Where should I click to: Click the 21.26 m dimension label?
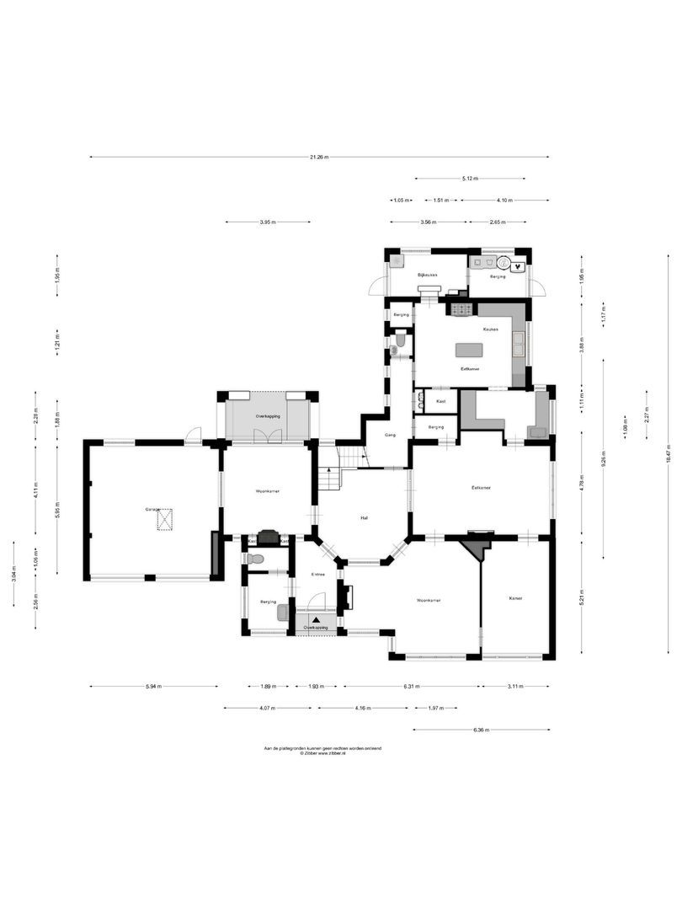319,157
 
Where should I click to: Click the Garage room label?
152,510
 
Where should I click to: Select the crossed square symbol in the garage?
164,520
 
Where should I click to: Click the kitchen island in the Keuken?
470,349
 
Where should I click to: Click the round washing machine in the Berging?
503,263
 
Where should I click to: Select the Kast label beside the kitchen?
440,401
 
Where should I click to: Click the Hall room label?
364,517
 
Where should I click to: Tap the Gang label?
390,436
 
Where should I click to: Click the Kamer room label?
515,598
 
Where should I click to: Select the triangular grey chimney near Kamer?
477,549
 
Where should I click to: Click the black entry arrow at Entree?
316,619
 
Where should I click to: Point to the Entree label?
318,575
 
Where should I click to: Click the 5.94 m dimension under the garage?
152,687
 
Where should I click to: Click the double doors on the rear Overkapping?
269,436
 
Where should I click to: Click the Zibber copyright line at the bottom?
322,753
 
